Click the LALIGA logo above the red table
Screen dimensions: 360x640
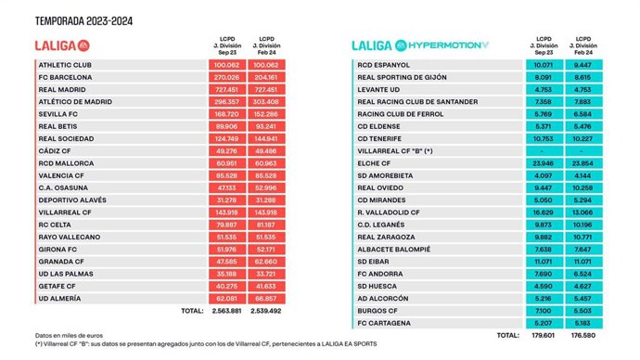coord(61,45)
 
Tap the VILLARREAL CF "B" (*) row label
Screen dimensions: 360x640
coord(396,148)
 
